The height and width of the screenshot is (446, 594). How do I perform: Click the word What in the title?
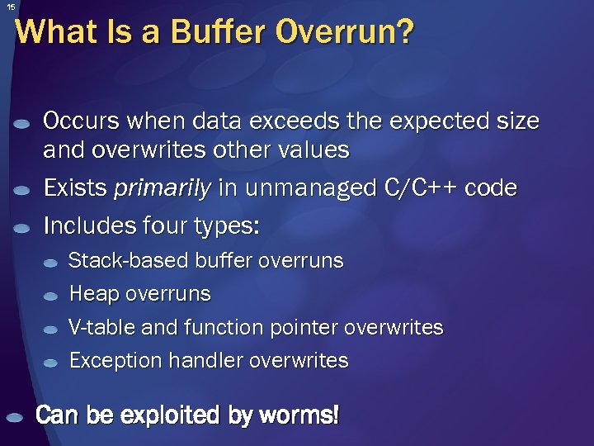tap(49, 32)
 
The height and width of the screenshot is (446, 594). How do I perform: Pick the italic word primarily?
tap(162, 189)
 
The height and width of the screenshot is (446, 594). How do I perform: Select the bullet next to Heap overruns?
tap(51, 296)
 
